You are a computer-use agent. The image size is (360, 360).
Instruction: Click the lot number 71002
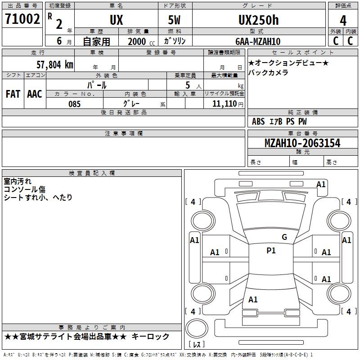22,19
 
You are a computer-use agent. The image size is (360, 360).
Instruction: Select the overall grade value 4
343,20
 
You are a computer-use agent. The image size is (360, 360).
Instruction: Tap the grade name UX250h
258,20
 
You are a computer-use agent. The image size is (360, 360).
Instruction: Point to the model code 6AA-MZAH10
258,41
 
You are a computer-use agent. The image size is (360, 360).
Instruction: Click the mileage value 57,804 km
55,65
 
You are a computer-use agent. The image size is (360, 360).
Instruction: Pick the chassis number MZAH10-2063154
302,143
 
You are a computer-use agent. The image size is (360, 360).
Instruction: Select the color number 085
75,104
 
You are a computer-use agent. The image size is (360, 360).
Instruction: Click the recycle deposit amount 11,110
224,104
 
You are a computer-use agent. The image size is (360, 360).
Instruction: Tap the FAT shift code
13,94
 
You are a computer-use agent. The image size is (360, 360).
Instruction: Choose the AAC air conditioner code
35,94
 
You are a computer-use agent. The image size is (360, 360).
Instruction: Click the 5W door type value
174,20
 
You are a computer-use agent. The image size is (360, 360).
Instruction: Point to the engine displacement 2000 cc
141,42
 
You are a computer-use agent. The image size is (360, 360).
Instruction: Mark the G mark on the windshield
284,237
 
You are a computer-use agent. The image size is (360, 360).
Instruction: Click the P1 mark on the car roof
271,251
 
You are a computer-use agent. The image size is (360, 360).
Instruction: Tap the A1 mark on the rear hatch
253,300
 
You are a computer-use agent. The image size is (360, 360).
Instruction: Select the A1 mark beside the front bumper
321,184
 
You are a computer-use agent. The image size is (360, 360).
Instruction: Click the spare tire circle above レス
197,328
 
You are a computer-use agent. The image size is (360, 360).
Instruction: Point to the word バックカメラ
268,72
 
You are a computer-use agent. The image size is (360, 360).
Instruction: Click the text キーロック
151,337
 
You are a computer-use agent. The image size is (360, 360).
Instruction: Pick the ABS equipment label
258,121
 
